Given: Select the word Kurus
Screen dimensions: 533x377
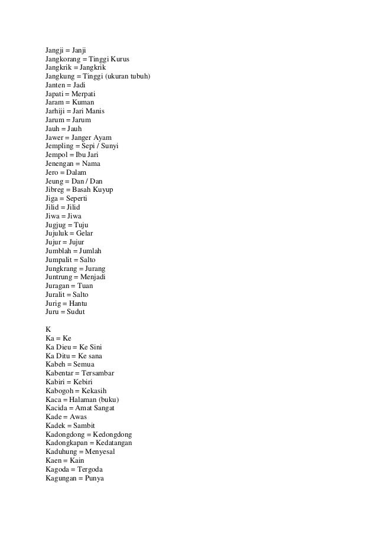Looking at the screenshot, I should click(x=120, y=60).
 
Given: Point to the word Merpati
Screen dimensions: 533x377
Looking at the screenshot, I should click(x=83, y=94).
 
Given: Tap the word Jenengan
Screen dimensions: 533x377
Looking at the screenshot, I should click(x=61, y=162).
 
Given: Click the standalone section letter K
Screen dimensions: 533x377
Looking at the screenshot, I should click(x=48, y=328).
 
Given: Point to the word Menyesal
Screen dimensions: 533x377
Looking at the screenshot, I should click(x=98, y=452).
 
